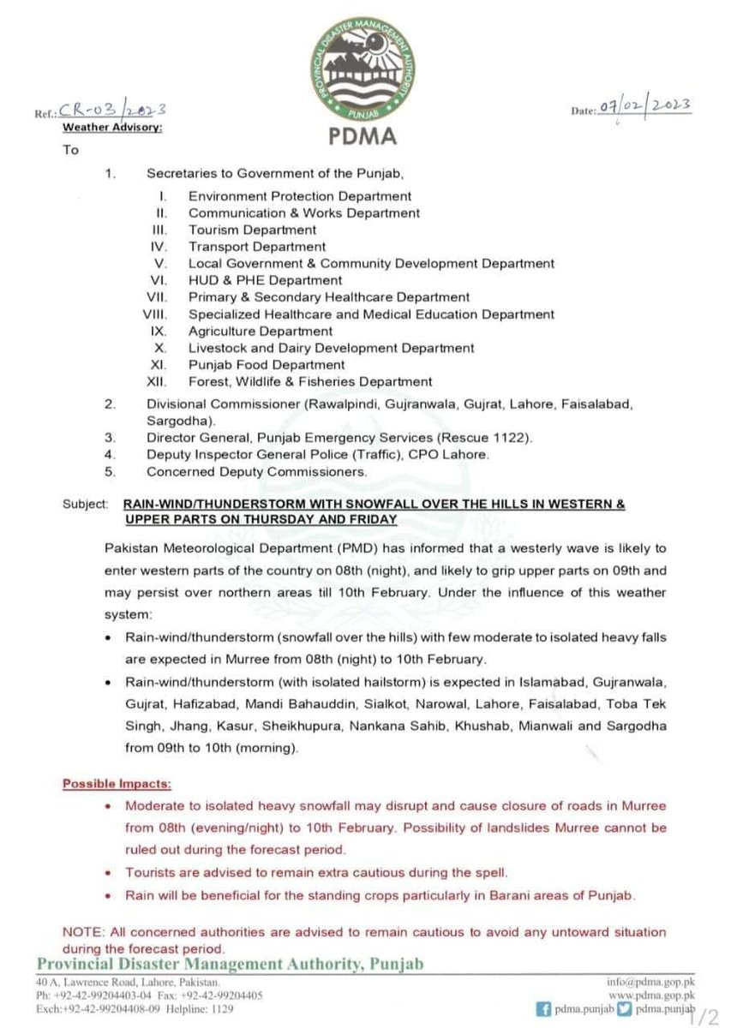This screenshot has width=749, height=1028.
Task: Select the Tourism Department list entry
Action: (252, 230)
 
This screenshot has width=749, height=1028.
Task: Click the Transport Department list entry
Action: (257, 247)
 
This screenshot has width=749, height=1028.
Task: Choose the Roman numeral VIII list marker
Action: (157, 314)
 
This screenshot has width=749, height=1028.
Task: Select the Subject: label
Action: (85, 505)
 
